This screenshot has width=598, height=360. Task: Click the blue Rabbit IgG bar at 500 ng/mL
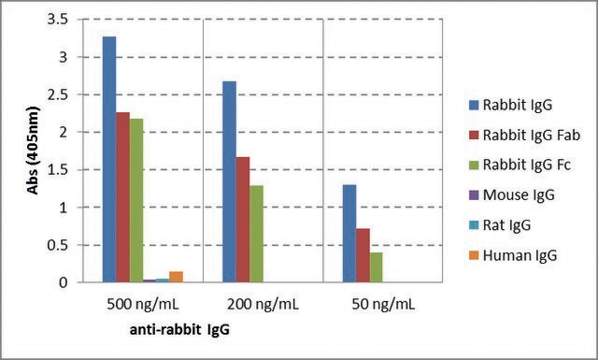(109, 160)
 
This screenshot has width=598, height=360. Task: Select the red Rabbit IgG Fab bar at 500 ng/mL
(122, 197)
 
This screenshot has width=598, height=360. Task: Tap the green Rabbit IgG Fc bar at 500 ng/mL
(136, 200)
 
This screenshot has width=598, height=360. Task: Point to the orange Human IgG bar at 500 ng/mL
(177, 277)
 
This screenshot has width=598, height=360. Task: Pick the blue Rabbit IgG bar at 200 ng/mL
(229, 181)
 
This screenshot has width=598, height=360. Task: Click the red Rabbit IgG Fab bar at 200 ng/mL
(243, 220)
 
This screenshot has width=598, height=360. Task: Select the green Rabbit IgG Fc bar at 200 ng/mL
(256, 234)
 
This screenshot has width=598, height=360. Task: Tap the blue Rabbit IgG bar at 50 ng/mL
(349, 234)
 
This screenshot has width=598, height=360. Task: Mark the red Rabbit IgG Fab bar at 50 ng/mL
(363, 255)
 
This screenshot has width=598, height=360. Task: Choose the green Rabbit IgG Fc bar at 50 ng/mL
(376, 267)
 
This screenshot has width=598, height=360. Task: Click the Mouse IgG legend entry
(512, 195)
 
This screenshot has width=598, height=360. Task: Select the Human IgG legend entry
(513, 255)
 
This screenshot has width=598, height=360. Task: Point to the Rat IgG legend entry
(500, 224)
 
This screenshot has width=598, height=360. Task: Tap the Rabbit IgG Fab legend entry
(524, 135)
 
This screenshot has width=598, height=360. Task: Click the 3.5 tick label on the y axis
(58, 19)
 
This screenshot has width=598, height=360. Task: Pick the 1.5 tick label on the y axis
(58, 169)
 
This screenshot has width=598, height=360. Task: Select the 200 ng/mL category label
(263, 305)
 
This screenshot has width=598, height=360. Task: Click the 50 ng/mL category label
(383, 305)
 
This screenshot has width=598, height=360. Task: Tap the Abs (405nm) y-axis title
(34, 151)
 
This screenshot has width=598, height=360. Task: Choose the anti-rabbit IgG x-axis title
(180, 329)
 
